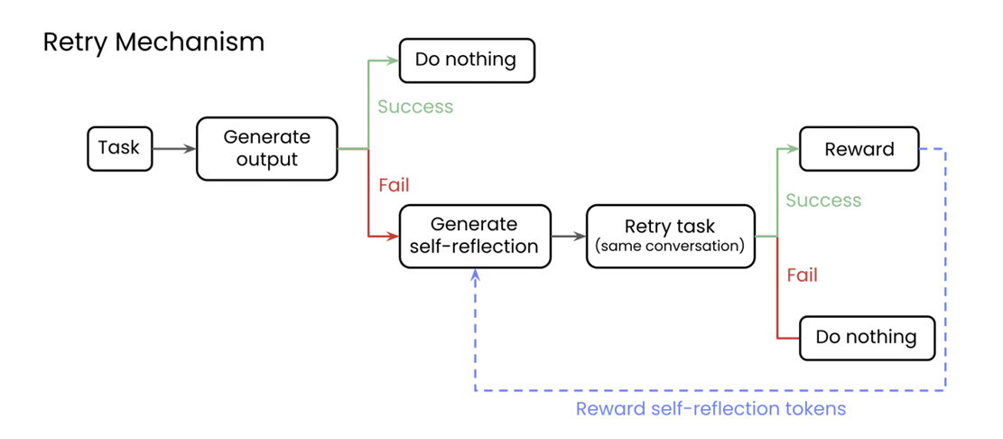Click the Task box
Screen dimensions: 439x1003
pos(119,148)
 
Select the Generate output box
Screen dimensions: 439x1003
pos(266,148)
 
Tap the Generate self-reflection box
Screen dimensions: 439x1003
pos(474,236)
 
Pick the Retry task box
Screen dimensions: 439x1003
pos(670,236)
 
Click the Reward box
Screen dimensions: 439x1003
pos(859,149)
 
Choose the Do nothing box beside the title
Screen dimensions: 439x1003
pos(466,61)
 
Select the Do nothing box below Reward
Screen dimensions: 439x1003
pos(866,338)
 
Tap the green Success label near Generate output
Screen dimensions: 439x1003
pos(415,107)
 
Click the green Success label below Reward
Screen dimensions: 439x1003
pos(823,201)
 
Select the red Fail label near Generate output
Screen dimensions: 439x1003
pos(394,185)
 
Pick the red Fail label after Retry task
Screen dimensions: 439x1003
pos(802,275)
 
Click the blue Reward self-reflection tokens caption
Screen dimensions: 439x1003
pos(710,408)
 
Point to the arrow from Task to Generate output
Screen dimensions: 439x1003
pos(174,148)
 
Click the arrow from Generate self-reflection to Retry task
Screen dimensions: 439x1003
pos(568,237)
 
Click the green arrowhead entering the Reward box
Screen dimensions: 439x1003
pos(794,149)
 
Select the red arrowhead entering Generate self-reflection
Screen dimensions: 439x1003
pos(394,237)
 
